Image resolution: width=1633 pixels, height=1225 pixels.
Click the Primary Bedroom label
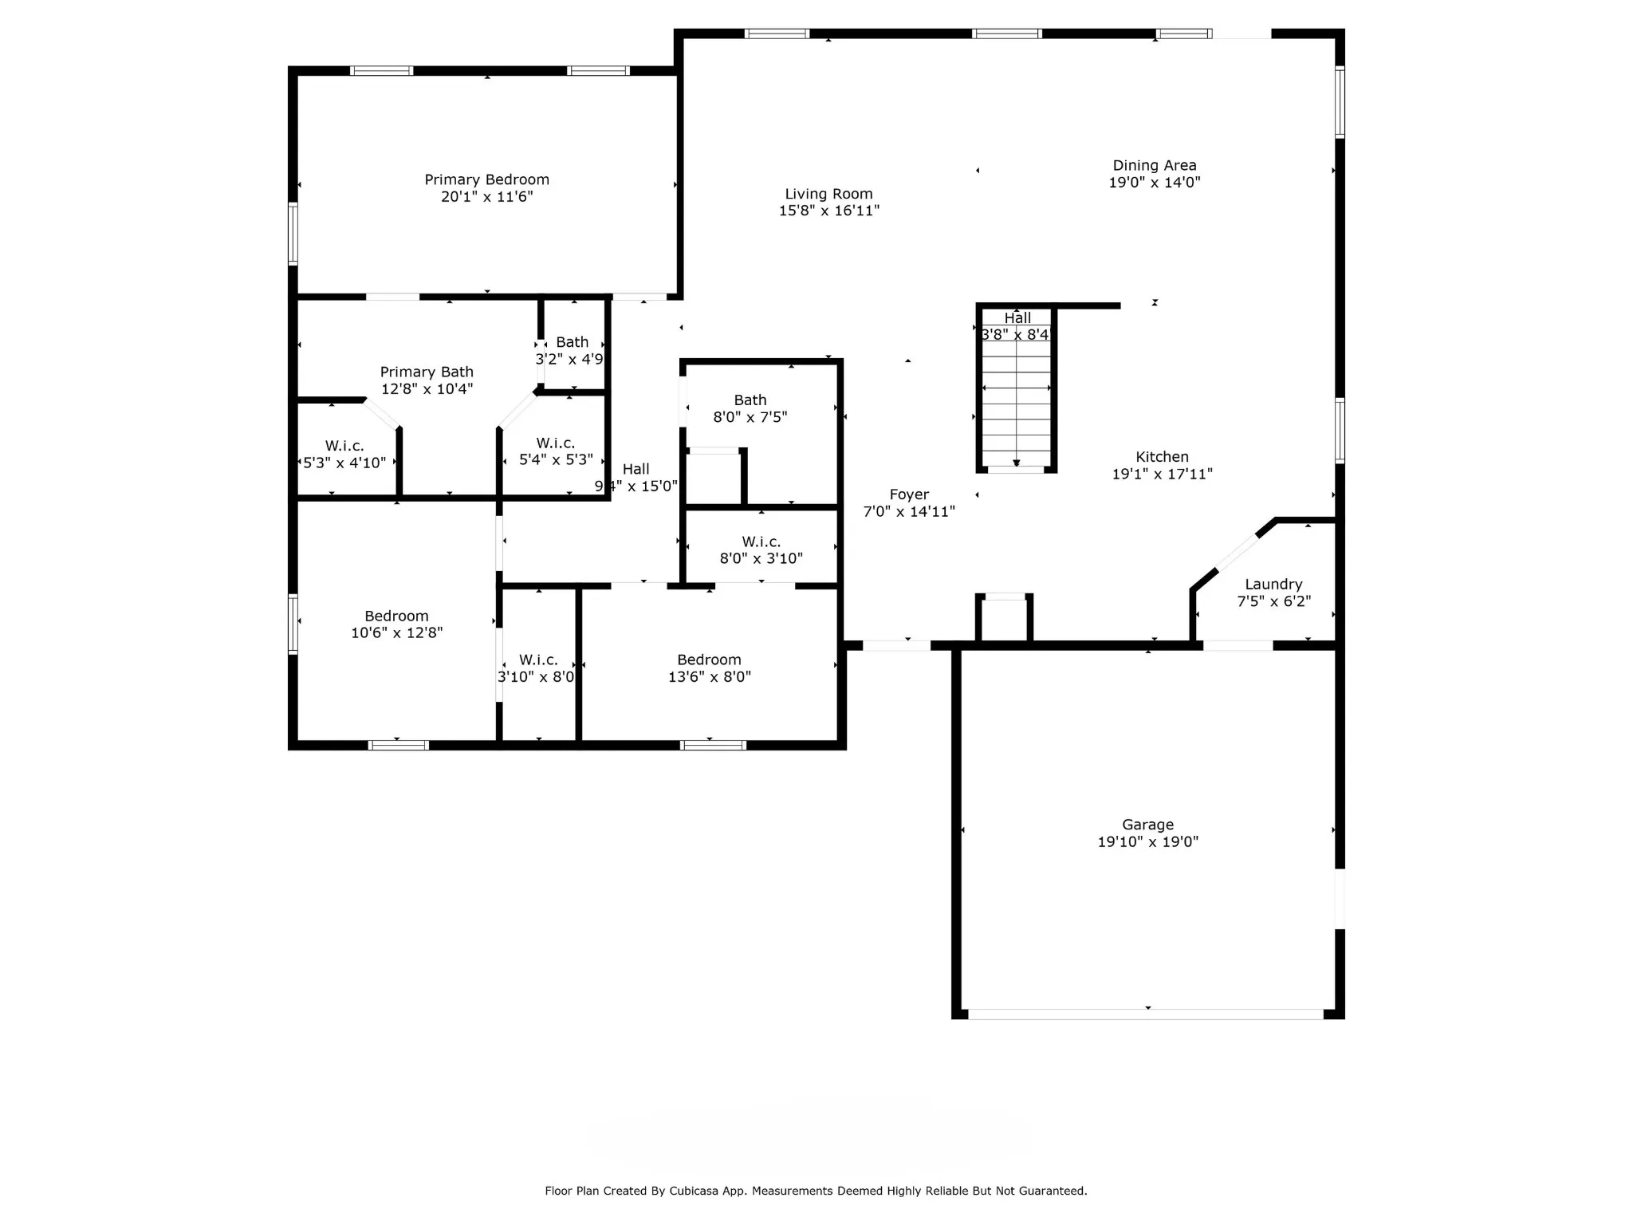[486, 179]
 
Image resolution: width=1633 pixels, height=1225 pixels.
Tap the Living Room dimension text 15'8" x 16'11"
[829, 211]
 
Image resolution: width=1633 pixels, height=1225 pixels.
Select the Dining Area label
[1155, 165]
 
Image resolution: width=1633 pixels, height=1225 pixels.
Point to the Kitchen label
[1162, 457]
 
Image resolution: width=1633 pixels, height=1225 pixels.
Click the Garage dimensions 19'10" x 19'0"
[1148, 841]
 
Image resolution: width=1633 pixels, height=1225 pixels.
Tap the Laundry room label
[1273, 585]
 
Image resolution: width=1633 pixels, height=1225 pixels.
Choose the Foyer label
[909, 495]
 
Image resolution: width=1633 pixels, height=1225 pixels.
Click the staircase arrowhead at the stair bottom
[1017, 463]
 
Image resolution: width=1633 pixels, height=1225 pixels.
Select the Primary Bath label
[427, 372]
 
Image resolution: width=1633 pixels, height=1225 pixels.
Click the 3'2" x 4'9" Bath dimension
[569, 359]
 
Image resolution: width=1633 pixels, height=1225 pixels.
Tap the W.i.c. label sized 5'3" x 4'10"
[344, 446]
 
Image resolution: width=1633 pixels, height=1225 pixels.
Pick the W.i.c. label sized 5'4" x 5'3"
[556, 443]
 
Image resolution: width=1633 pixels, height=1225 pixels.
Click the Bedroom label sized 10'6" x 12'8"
[396, 616]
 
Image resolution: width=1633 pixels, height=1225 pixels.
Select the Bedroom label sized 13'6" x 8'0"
[709, 660]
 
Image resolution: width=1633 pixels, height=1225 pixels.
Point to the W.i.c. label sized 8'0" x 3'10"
[761, 542]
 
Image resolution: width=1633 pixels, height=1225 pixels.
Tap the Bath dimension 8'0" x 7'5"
[750, 417]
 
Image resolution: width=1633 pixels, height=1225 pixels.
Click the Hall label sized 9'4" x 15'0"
[636, 469]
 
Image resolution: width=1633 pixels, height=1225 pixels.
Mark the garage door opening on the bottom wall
[1146, 1014]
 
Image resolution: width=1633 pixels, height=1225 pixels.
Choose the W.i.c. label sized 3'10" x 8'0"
[538, 660]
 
